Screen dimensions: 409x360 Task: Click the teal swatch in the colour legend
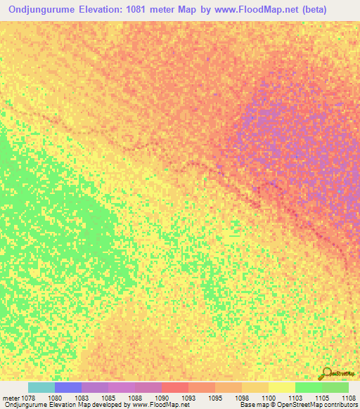(41, 387)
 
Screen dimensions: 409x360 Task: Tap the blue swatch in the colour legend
(68, 387)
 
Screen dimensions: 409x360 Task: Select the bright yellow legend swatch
(282, 387)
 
